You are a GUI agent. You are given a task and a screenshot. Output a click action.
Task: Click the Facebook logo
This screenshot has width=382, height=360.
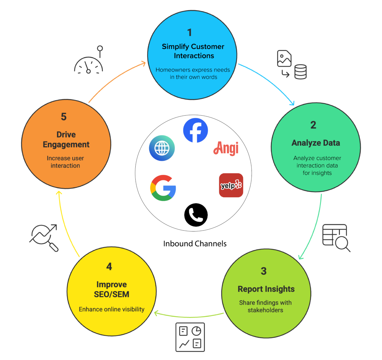[x=195, y=130]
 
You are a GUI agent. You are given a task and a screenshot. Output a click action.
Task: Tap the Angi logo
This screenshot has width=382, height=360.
[x=226, y=148]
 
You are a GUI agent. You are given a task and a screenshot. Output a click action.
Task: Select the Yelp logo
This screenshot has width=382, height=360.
[x=231, y=185]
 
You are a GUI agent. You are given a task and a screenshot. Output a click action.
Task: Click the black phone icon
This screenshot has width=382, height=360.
[x=196, y=215]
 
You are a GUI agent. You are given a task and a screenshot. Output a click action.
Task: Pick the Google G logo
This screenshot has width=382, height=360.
[x=163, y=188]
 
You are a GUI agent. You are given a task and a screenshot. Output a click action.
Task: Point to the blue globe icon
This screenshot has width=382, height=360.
[x=162, y=148]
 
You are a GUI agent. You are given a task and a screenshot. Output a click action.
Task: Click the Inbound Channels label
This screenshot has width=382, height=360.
[x=195, y=244]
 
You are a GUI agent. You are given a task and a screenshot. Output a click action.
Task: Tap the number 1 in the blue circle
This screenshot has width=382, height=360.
[x=189, y=32]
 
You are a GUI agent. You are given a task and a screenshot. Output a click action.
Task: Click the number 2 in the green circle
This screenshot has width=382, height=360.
[x=313, y=125]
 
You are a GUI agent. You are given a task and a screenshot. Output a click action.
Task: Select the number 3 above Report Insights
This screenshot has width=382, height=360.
[x=264, y=271]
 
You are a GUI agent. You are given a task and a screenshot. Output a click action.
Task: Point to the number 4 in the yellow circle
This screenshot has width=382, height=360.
[x=109, y=267]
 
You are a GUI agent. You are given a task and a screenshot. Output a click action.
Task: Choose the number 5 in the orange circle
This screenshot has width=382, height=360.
[x=64, y=116]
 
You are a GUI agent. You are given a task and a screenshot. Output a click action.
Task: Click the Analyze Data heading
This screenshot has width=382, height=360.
[x=316, y=143]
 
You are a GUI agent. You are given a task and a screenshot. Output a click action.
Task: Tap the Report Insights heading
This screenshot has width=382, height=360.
[x=266, y=289]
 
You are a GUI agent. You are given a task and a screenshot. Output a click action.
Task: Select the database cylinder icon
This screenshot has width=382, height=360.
[x=300, y=72]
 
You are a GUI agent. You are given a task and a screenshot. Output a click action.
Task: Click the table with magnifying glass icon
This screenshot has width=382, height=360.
[x=336, y=238]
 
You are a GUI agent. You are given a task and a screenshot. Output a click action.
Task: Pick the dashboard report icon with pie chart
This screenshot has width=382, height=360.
[x=190, y=337]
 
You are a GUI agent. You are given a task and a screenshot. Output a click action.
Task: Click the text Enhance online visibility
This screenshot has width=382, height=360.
[x=111, y=309]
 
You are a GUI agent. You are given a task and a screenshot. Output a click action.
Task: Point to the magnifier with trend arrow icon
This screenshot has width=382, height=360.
[x=44, y=238]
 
